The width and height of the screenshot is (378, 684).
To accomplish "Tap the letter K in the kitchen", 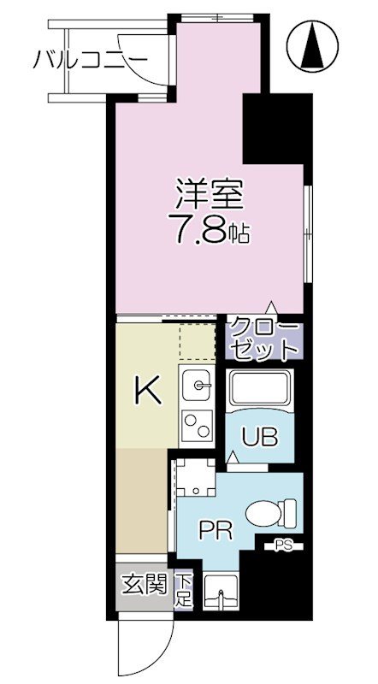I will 147,392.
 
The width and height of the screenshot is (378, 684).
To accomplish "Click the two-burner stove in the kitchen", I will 198,424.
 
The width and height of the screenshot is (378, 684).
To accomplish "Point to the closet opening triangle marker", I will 272,307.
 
